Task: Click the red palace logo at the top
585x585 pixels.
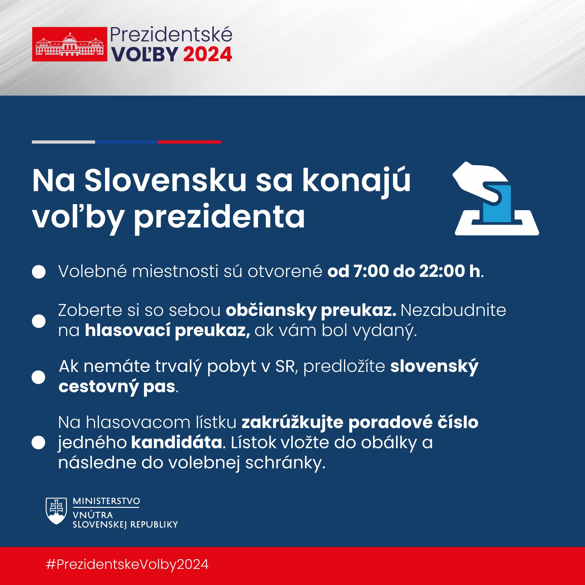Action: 69,44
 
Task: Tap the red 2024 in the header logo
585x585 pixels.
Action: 208,55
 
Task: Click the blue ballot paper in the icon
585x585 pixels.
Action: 496,203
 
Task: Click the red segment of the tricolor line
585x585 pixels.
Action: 190,142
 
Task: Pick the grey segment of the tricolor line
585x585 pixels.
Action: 63,142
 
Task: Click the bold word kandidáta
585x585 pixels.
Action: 177,443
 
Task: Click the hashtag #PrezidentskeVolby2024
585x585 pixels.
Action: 127,565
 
